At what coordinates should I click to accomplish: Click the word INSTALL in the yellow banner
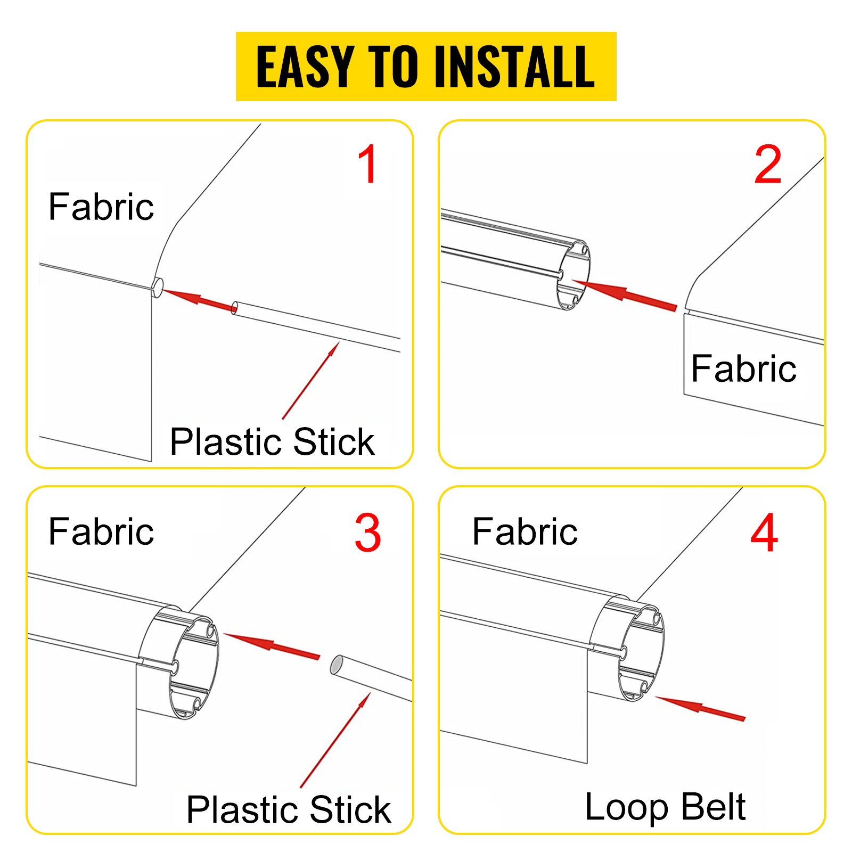[x=514, y=67]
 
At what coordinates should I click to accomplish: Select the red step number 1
[x=368, y=165]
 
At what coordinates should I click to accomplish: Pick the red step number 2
[x=768, y=165]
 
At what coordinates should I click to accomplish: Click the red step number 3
[x=368, y=533]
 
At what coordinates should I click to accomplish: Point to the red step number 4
[x=764, y=533]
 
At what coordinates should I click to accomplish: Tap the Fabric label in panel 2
[x=743, y=368]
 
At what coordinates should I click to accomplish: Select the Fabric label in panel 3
[x=101, y=531]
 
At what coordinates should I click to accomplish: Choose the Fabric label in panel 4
[x=525, y=531]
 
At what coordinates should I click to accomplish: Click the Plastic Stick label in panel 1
[x=272, y=442]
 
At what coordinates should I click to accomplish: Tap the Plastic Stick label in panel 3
[x=289, y=810]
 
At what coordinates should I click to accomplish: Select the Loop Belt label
[x=665, y=807]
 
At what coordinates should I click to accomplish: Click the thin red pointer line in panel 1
[x=311, y=380]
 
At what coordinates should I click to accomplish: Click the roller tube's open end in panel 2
[x=574, y=276]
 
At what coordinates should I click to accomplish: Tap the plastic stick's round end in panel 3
[x=337, y=666]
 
